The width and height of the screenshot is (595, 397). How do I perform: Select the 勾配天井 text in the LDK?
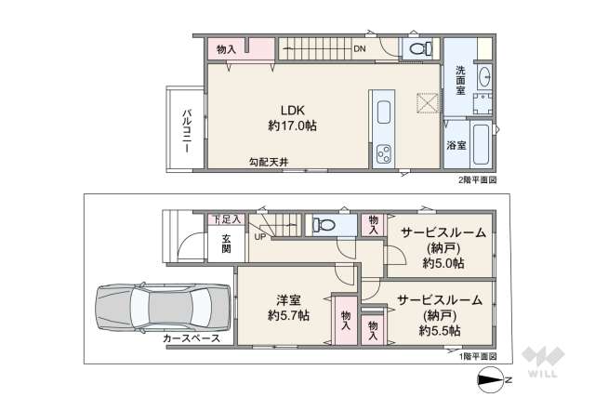(x=268, y=162)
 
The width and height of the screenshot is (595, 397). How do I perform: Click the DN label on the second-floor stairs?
(x=359, y=49)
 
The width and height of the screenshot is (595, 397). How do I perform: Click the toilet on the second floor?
(x=416, y=47)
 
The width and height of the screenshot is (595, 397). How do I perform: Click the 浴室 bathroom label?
(x=456, y=145)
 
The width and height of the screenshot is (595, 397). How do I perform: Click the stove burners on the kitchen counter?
(x=382, y=154)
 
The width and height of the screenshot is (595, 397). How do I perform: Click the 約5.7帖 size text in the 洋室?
(x=288, y=315)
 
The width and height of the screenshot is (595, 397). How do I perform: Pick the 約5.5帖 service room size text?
(x=440, y=329)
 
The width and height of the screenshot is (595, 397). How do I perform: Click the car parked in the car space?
(x=163, y=305)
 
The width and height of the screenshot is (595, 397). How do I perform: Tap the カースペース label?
(x=191, y=338)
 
